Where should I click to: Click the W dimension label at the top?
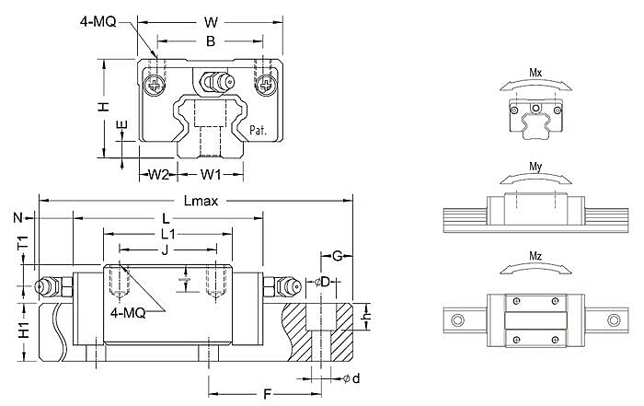211,22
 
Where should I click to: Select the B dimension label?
211,41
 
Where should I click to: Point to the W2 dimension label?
158,175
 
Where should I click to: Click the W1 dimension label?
211,175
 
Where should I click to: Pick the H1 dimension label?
25,330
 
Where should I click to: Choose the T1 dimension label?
24,243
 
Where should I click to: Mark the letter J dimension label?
165,249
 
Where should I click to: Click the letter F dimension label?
268,395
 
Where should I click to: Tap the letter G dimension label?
338,256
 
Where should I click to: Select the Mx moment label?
535,73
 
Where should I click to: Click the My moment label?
535,167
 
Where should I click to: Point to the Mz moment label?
535,257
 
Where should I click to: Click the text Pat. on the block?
258,131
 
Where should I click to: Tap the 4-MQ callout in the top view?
98,22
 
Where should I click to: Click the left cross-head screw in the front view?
155,86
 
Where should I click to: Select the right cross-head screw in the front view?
266,86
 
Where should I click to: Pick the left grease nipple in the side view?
53,286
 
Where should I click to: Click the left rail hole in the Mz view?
457,319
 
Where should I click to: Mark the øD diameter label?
322,283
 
